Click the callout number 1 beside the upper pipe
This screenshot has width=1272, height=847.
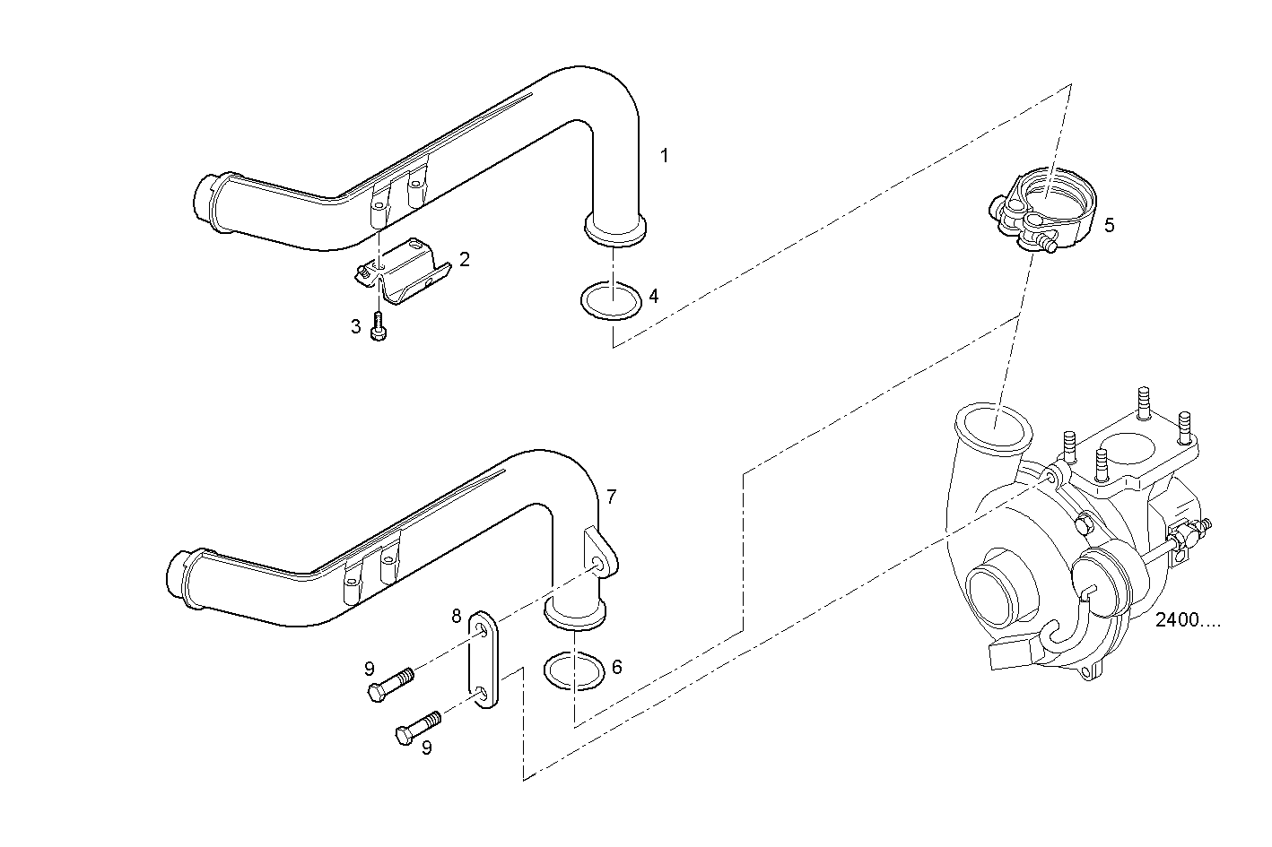click(x=664, y=155)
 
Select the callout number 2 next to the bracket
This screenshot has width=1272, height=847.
click(x=464, y=259)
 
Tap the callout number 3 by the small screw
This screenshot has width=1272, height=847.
click(x=355, y=325)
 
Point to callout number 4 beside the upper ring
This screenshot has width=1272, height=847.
click(x=654, y=295)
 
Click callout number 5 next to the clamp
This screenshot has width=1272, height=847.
click(x=1109, y=225)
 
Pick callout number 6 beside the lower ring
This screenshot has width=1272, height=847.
click(x=616, y=667)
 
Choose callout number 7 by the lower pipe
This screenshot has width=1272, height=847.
click(x=611, y=496)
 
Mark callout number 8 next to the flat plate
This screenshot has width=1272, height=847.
click(x=457, y=617)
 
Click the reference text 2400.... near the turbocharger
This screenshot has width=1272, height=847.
click(x=1188, y=620)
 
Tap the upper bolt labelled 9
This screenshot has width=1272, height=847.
click(x=389, y=685)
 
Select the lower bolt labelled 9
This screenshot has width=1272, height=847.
click(x=417, y=726)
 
